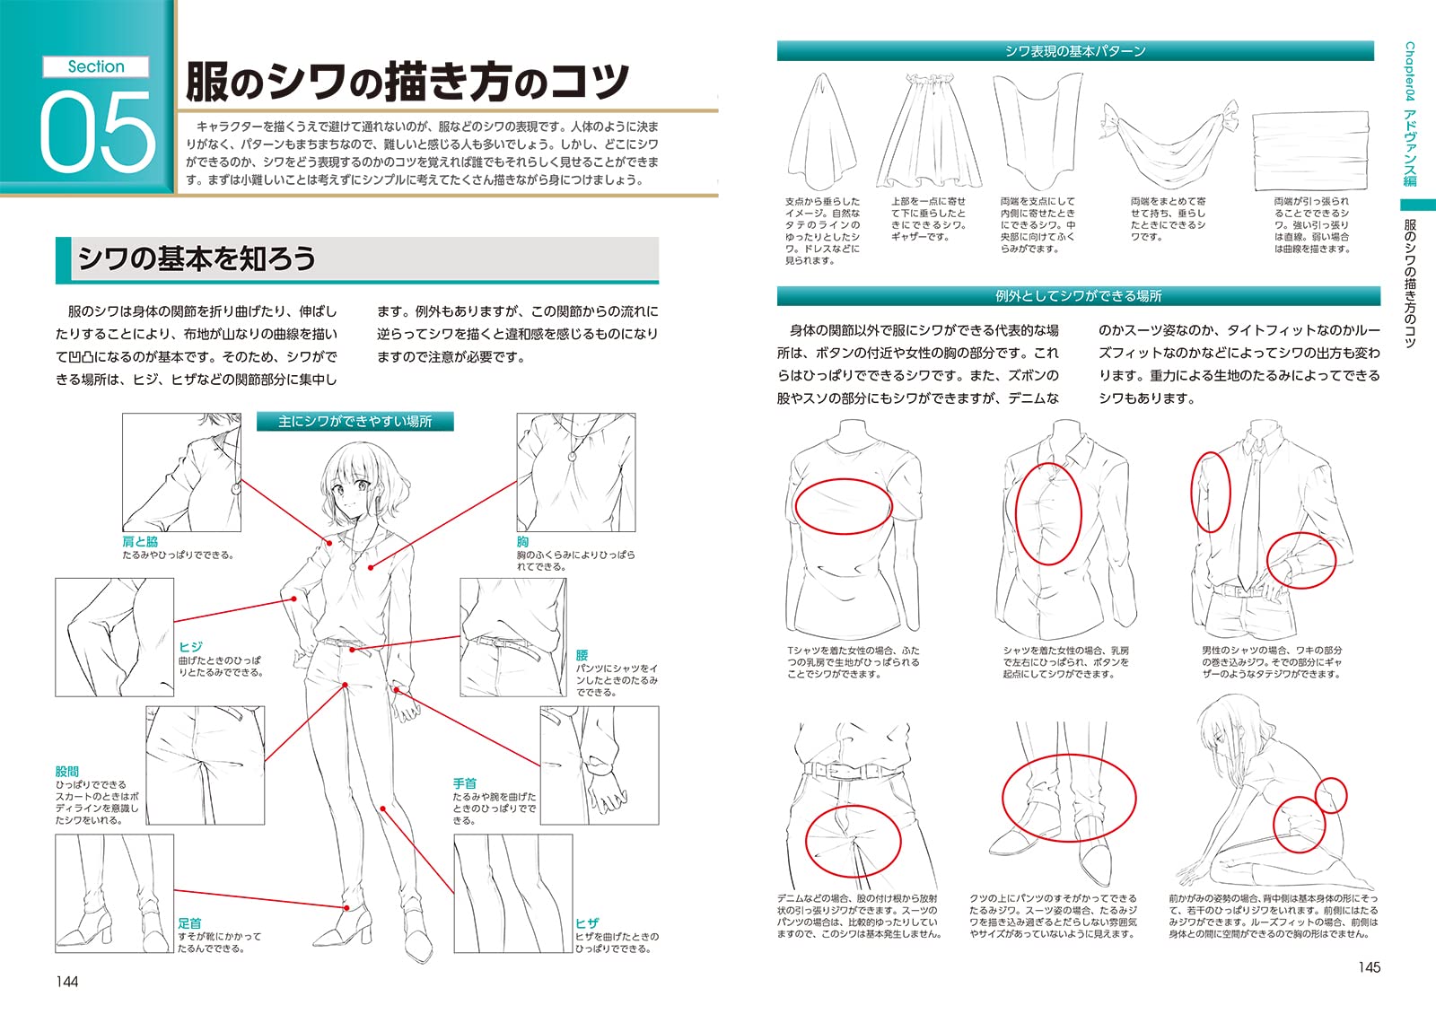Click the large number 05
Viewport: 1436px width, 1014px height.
(x=97, y=132)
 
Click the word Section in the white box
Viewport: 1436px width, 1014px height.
(x=96, y=66)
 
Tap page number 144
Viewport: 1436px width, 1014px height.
(x=67, y=981)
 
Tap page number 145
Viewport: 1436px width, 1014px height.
(x=1369, y=966)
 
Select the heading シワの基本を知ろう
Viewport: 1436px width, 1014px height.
(x=197, y=258)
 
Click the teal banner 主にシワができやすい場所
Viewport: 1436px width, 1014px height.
(x=355, y=421)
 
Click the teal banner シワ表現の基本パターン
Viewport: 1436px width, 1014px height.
(x=1074, y=51)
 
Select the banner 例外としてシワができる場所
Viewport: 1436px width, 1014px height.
(x=1078, y=295)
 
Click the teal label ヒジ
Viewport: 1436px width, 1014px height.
(x=190, y=646)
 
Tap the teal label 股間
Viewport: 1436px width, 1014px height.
(x=67, y=771)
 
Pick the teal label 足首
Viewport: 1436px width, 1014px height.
(x=189, y=922)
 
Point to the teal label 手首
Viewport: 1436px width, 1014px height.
(x=464, y=783)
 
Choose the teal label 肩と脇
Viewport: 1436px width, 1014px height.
(x=140, y=542)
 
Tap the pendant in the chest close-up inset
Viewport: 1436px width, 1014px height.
(x=572, y=457)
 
